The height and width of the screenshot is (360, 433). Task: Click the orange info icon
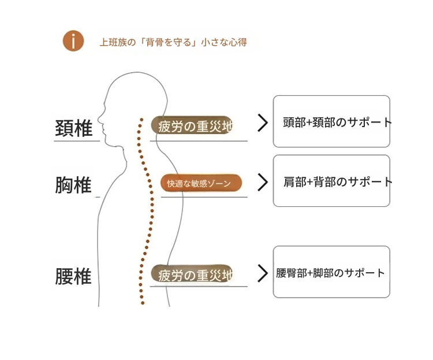[x=73, y=41]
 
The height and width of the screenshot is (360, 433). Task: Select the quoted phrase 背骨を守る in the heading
[x=167, y=42]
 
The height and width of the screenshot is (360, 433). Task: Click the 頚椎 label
[x=73, y=128]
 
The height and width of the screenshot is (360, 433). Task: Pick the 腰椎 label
[x=73, y=276]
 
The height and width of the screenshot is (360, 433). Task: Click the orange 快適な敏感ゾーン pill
[x=200, y=183]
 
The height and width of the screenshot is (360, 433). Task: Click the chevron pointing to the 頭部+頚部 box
[x=263, y=123]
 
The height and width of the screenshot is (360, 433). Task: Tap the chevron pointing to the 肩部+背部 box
[x=263, y=182]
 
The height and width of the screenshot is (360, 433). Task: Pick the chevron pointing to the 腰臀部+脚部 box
[x=263, y=273]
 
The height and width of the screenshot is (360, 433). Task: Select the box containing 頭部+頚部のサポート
[x=331, y=121]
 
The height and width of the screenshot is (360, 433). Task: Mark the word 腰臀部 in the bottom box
[x=290, y=273]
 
